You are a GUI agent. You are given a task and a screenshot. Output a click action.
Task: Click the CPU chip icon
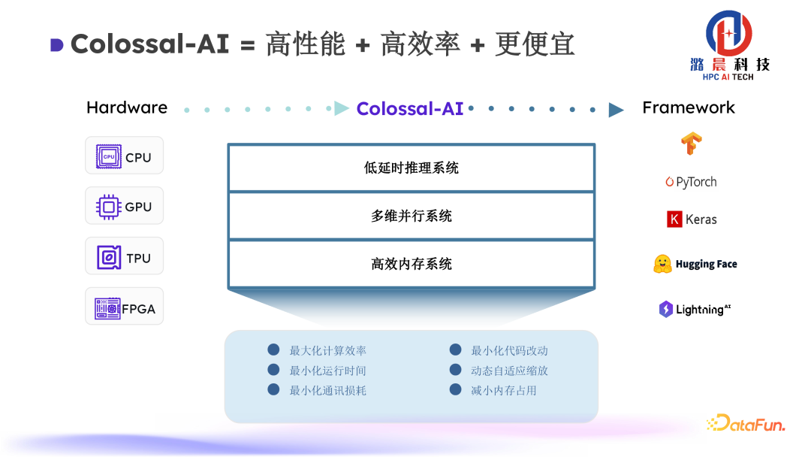click(x=109, y=156)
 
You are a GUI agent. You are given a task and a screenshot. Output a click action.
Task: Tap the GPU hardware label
click(x=138, y=207)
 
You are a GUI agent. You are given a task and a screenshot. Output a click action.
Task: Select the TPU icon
click(x=109, y=258)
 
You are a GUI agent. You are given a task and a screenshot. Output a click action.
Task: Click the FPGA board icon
click(x=107, y=308)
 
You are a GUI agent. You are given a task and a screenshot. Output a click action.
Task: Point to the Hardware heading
click(x=127, y=107)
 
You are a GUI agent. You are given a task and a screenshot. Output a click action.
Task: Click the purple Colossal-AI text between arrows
click(x=410, y=108)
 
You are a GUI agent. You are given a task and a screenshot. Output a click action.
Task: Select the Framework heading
click(x=689, y=107)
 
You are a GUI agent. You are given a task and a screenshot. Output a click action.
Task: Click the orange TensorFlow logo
click(x=691, y=143)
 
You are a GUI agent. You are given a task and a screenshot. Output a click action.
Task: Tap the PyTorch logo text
click(x=696, y=182)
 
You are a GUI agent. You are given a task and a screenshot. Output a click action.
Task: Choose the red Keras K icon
click(x=674, y=219)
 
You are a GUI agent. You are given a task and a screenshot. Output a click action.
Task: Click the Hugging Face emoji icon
click(x=662, y=264)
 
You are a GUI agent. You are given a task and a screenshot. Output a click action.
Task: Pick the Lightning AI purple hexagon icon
click(x=665, y=309)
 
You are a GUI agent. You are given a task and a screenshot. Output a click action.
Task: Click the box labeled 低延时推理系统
click(x=412, y=168)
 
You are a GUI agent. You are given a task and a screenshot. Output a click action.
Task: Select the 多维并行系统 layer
click(x=412, y=216)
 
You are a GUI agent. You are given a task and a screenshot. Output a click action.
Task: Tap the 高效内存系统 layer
click(x=412, y=264)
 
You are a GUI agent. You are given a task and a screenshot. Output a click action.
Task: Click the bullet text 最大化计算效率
click(x=328, y=350)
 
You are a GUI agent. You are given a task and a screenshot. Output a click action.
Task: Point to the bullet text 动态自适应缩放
click(x=509, y=371)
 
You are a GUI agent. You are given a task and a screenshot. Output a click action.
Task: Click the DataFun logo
click(x=746, y=423)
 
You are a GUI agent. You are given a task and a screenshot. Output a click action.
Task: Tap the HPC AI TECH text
click(x=728, y=77)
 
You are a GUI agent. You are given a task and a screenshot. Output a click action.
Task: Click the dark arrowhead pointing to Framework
click(x=616, y=110)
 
